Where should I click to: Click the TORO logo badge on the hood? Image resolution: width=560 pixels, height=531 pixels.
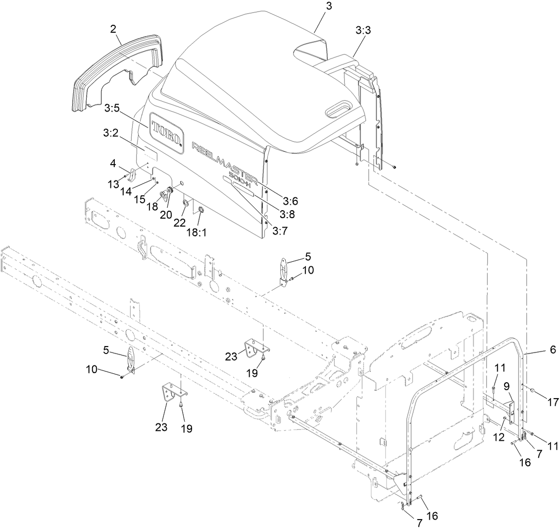pos(167,131)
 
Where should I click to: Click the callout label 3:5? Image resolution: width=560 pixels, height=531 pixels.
pos(111,107)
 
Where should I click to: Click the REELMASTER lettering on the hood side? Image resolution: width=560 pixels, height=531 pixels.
pos(224,164)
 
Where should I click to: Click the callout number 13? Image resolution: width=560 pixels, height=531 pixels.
pos(113,184)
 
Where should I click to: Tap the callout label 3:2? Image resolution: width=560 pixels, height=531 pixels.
pos(111,133)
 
